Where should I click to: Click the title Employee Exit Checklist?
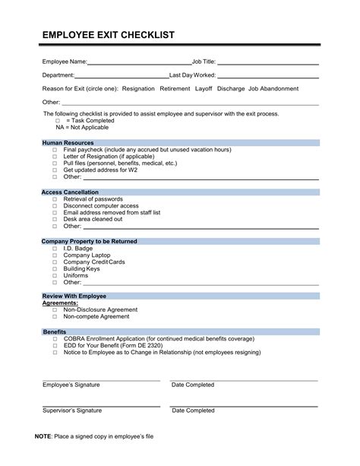coord(109,35)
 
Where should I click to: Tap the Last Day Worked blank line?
coord(266,76)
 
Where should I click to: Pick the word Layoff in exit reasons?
coord(204,89)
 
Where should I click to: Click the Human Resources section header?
coord(68,143)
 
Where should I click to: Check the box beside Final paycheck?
coord(55,151)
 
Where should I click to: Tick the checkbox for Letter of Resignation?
coord(55,157)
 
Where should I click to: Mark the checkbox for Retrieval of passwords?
coord(55,199)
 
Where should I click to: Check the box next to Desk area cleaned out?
coord(55,219)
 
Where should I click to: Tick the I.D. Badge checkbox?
coord(55,248)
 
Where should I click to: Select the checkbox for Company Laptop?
coord(55,255)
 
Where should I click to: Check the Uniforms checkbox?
coord(55,275)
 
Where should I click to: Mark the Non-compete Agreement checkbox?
coord(55,316)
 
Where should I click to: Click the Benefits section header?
coord(54,332)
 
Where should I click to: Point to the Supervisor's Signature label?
coord(71,411)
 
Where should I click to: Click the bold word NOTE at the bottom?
coord(44,437)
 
